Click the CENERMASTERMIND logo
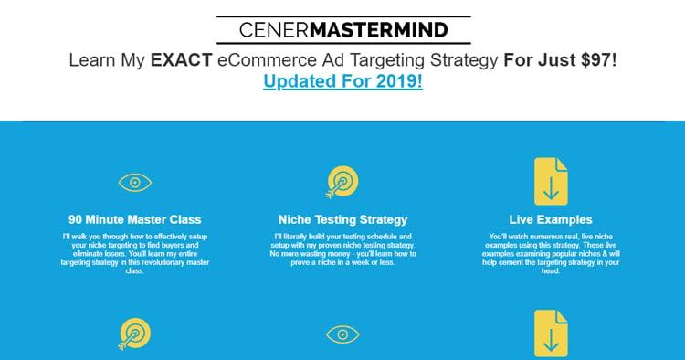tap(343, 31)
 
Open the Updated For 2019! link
tap(342, 81)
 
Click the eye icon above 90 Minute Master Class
tap(135, 182)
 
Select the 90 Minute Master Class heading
tap(135, 219)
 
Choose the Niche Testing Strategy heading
tap(342, 219)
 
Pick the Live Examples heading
tap(551, 219)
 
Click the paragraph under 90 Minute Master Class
tap(135, 253)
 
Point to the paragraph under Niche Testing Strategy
tap(342, 249)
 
